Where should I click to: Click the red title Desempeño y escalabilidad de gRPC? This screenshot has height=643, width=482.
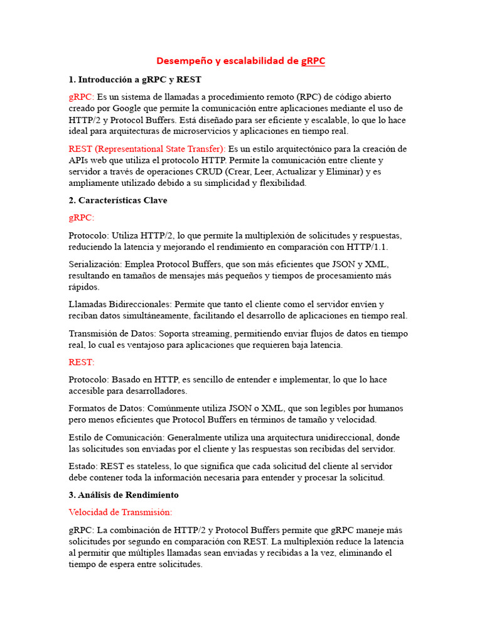pos(240,61)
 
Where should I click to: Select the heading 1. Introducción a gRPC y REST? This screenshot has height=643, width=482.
pos(135,80)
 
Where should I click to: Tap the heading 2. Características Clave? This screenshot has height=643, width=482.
pos(118,200)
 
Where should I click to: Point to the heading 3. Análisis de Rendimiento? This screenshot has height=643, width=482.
pos(124,495)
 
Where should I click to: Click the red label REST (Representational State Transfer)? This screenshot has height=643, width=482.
pos(147,149)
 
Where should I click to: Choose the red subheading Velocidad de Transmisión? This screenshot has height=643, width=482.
pos(120,512)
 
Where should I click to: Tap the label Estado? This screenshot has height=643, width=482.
pos(83,466)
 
